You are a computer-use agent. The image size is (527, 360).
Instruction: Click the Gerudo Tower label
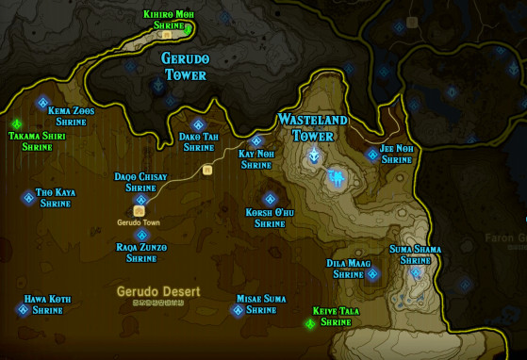coord(185,66)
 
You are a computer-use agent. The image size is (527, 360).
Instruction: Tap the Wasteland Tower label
coord(312,127)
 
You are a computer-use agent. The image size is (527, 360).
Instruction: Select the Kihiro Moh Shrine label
coord(170,20)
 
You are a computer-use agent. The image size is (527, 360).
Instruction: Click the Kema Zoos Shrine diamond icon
coord(42,103)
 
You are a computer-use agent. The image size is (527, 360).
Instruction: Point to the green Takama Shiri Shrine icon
coord(16,124)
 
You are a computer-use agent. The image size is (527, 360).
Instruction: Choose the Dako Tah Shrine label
coord(199,141)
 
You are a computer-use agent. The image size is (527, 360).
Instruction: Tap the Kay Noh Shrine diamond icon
coord(256,141)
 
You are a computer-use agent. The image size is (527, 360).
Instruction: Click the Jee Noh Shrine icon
coord(373,155)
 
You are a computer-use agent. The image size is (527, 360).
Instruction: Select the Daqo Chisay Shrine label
coord(140,182)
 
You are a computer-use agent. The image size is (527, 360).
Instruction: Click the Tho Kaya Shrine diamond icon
coord(29,198)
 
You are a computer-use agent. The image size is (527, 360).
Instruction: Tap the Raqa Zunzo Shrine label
coord(141,252)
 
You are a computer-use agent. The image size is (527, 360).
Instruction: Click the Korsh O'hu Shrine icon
coord(270,199)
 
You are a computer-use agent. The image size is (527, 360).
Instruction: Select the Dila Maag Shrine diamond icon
coord(372,274)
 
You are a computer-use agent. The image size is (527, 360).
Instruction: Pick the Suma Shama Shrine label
coord(415,254)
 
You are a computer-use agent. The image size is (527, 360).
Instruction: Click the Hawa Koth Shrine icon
coord(24,309)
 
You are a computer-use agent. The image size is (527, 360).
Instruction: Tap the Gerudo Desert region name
coord(158,291)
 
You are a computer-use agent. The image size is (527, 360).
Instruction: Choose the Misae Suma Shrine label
coord(261,303)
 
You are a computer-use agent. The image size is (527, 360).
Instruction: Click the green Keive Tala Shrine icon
coord(310,324)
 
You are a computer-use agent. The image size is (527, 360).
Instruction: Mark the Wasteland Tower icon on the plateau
coord(313,156)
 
